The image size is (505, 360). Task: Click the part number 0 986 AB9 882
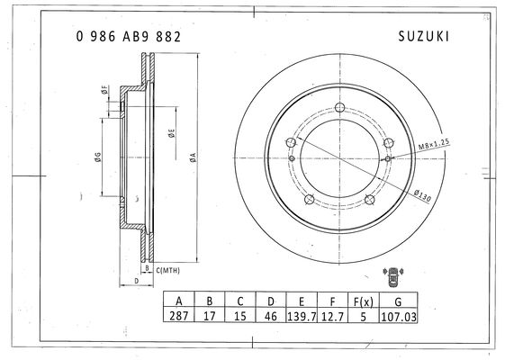tap(128, 37)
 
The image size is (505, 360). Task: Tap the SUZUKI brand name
tap(423, 36)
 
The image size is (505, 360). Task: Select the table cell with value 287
tap(179, 316)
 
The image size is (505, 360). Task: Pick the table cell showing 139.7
tap(302, 316)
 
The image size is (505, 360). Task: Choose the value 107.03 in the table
tap(399, 317)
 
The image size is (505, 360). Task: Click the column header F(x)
tap(364, 301)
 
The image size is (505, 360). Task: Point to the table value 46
tap(271, 316)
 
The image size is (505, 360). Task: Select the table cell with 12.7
tap(333, 316)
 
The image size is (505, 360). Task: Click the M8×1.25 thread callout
tap(434, 145)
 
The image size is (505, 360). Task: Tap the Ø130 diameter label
tap(422, 195)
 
